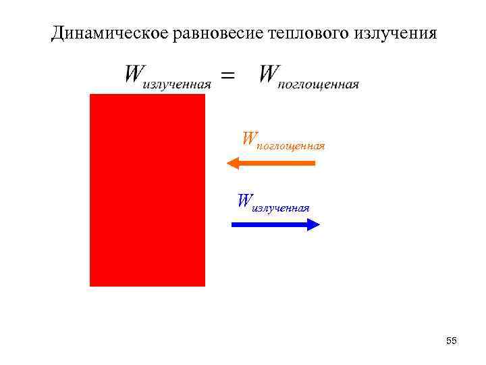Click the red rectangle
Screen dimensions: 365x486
[147, 190]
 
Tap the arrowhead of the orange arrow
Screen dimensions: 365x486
[233, 163]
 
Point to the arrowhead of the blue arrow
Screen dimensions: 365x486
[314, 224]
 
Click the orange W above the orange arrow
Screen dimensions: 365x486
[249, 139]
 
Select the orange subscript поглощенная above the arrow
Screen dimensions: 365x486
[292, 146]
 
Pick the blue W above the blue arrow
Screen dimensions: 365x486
[244, 200]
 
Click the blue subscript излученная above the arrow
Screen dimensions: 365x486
[280, 208]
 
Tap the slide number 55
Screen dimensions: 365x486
[452, 341]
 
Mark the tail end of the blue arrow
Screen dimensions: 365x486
[234, 224]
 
